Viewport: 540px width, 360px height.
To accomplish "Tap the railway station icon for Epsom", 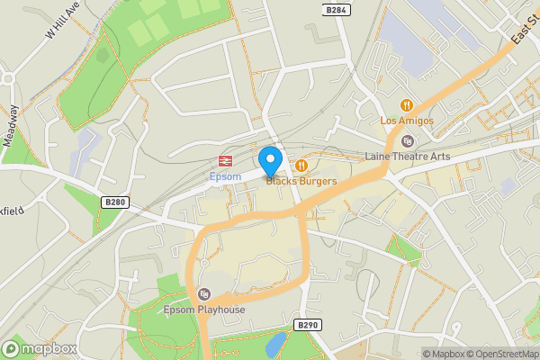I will (x=221, y=161).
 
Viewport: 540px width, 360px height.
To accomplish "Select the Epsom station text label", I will (x=225, y=176).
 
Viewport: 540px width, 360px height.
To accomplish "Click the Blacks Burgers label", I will (x=301, y=181).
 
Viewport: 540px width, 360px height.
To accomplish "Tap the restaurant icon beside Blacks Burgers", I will (x=301, y=166).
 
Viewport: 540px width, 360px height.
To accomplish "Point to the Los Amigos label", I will (x=407, y=121).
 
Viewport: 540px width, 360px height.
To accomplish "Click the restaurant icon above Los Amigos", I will (x=407, y=105).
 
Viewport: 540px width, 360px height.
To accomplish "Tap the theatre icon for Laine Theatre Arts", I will (x=408, y=140).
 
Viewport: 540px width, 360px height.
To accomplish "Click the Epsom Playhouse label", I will (x=204, y=310).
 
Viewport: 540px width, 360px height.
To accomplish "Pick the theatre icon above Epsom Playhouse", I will (x=204, y=294).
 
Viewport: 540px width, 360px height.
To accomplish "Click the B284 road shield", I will (x=336, y=10).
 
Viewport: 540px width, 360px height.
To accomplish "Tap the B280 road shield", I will (x=112, y=202).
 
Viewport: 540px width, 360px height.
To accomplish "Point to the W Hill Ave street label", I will (x=62, y=19).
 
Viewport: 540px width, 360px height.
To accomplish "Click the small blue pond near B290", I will (x=277, y=343).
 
